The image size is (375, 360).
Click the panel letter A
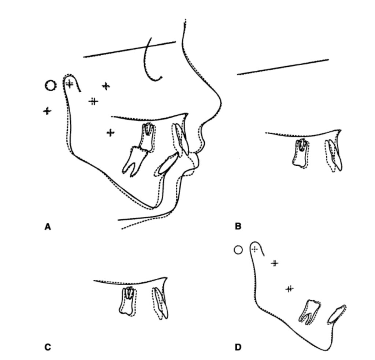[48, 226]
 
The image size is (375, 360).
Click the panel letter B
[238, 226]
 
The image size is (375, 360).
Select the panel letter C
[48, 347]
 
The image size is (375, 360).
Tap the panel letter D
[238, 347]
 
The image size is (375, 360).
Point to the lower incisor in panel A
[167, 164]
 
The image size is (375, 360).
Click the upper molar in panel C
[127, 301]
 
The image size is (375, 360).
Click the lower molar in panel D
[309, 311]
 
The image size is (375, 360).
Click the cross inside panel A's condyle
[69, 84]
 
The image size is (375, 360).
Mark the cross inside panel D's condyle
[255, 249]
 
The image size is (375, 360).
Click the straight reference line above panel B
[283, 67]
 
